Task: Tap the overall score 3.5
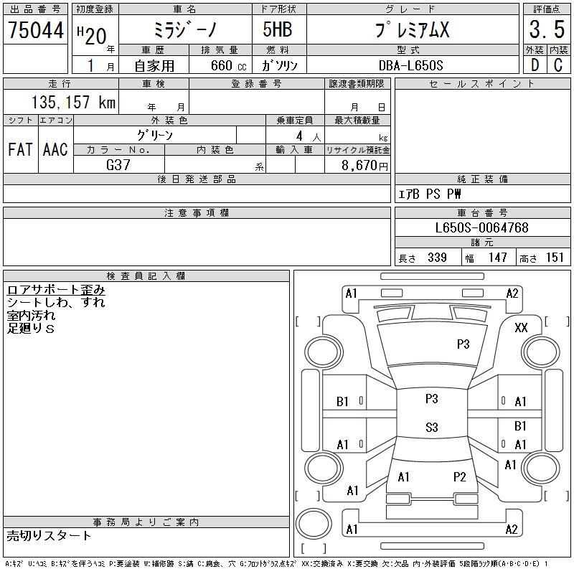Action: [x=546, y=31]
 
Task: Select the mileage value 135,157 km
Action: [x=72, y=103]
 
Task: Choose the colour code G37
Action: [x=118, y=165]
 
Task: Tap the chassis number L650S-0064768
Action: [x=482, y=228]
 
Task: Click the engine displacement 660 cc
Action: [x=222, y=65]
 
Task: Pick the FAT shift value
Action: [x=20, y=150]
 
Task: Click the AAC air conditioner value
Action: [x=55, y=150]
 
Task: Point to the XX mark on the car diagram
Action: [x=522, y=327]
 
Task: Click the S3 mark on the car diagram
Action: [x=431, y=428]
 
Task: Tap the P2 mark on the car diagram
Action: [x=459, y=476]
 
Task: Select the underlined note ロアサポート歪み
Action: [x=56, y=290]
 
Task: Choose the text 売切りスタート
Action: [x=50, y=535]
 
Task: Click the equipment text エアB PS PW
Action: [x=430, y=194]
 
